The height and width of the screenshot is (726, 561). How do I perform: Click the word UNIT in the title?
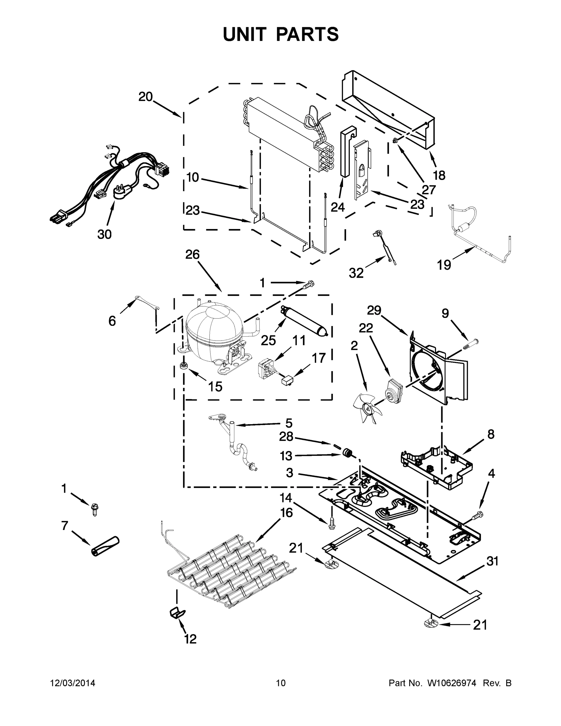click(x=245, y=34)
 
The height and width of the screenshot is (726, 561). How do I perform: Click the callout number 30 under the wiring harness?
click(x=104, y=234)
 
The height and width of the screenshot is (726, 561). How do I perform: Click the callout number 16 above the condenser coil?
click(x=286, y=513)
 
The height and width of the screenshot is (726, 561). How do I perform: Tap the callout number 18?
click(x=439, y=175)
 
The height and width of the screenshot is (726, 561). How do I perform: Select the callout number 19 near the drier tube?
click(x=444, y=265)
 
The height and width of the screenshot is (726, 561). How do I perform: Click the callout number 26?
click(x=192, y=255)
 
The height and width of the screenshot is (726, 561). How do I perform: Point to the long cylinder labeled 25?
click(x=305, y=320)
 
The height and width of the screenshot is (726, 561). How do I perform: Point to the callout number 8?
click(x=491, y=434)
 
